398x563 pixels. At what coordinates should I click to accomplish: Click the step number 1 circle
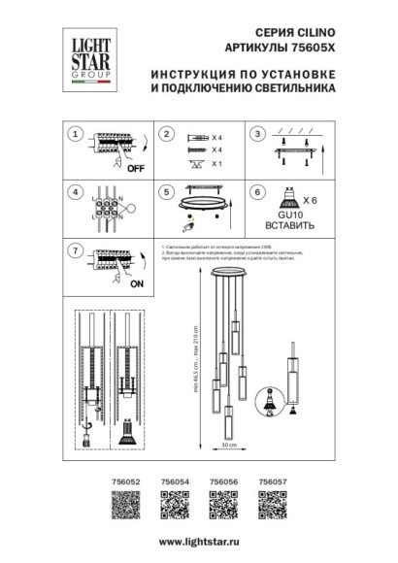74,134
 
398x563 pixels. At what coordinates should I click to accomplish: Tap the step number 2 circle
166,134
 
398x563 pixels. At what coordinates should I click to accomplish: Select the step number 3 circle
258,134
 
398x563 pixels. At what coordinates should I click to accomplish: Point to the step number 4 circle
74,191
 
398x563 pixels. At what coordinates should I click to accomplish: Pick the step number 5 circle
166,191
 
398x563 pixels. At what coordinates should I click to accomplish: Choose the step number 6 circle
258,191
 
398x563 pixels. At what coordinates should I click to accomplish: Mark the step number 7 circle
74,250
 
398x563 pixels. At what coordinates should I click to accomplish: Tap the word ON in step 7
136,284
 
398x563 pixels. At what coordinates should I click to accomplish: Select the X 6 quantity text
310,198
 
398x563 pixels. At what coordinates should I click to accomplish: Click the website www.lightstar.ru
199,541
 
